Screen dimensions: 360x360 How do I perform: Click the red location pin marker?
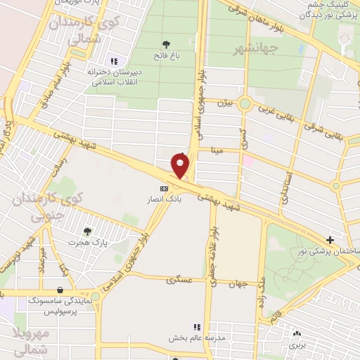click(x=181, y=166)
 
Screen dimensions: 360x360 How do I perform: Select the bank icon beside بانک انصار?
click(x=165, y=188)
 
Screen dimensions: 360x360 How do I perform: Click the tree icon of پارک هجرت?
click(x=87, y=231)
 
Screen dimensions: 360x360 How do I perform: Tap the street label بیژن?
click(x=224, y=104)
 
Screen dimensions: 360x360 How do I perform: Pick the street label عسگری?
click(x=179, y=280)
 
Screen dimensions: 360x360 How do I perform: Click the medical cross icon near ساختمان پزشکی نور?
click(x=330, y=240)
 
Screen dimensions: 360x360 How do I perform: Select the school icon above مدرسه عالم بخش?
click(x=197, y=327)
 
